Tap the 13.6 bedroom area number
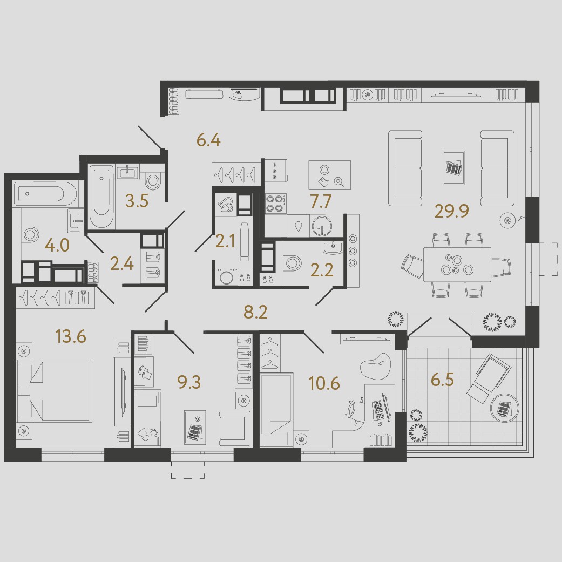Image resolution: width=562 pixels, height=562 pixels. coord(71,336)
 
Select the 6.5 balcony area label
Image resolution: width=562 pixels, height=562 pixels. coord(442,379)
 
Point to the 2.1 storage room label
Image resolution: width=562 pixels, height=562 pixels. coord(225,241)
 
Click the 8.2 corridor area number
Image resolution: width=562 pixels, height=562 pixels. coord(255,313)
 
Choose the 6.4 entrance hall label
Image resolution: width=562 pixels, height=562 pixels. coord(208,140)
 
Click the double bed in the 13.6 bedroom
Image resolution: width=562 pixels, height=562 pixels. coord(55,390)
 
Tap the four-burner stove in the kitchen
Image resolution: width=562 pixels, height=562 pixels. coord(275,204)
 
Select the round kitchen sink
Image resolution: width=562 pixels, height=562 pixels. coord(322,226)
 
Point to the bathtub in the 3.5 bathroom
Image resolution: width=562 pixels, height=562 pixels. coord(101,197)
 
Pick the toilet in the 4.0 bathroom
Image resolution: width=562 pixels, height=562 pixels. coord(31,234)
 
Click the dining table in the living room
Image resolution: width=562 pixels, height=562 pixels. coord(457,265)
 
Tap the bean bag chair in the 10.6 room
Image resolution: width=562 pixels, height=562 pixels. coord(375,367)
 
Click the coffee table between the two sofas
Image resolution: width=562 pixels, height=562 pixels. coord(453,167)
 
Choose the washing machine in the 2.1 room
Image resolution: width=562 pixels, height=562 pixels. coord(227,277)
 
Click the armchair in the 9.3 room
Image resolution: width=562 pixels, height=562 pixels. coord(235,428)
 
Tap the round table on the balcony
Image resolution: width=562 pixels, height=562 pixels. coord(505,408)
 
